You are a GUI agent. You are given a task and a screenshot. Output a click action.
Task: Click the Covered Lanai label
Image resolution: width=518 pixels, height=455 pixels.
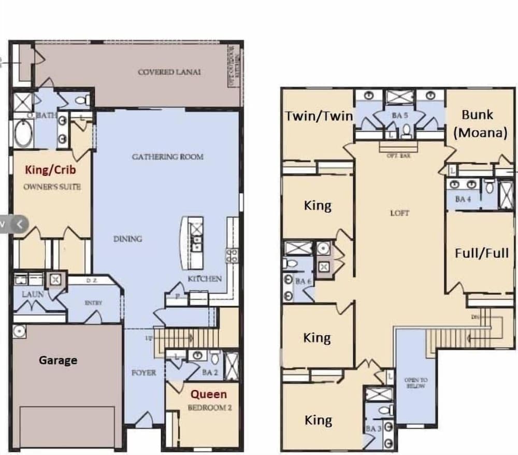coord(169,72)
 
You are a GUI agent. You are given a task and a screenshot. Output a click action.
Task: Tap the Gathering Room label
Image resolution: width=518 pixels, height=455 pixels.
coord(167,157)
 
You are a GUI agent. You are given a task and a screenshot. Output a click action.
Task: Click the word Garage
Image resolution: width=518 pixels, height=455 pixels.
coord(58,360)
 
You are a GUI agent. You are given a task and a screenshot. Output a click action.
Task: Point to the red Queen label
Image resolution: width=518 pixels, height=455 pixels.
coord(209,394)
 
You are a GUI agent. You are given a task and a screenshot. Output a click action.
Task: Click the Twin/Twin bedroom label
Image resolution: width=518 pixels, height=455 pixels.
coord(319,116)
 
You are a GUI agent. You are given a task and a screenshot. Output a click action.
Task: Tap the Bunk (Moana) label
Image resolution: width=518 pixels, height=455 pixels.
coord(479,123)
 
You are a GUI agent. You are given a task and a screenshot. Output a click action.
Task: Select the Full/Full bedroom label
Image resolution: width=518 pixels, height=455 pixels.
coord(481,253)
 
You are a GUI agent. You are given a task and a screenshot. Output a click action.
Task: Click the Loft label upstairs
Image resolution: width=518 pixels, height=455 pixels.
coord(400,213)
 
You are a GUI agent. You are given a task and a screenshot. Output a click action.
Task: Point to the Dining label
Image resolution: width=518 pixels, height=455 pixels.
coord(127,239)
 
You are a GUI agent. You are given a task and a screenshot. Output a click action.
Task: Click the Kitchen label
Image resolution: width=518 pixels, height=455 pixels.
coord(205,279)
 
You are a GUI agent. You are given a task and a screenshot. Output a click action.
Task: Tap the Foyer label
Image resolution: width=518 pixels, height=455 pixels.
coord(143,372)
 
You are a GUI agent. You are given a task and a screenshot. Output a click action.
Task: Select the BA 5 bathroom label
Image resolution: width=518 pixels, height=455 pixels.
coord(399,116)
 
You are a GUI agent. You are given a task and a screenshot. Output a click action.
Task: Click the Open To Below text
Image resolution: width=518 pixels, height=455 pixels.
coord(416,383)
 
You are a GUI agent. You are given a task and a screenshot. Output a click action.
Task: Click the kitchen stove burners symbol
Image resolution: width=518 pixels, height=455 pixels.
coord(232,254)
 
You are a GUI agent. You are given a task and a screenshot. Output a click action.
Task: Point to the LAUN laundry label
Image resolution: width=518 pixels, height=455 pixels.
coord(33,294)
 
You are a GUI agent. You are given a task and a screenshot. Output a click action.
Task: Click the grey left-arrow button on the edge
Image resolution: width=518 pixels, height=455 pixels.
coord(20,224)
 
